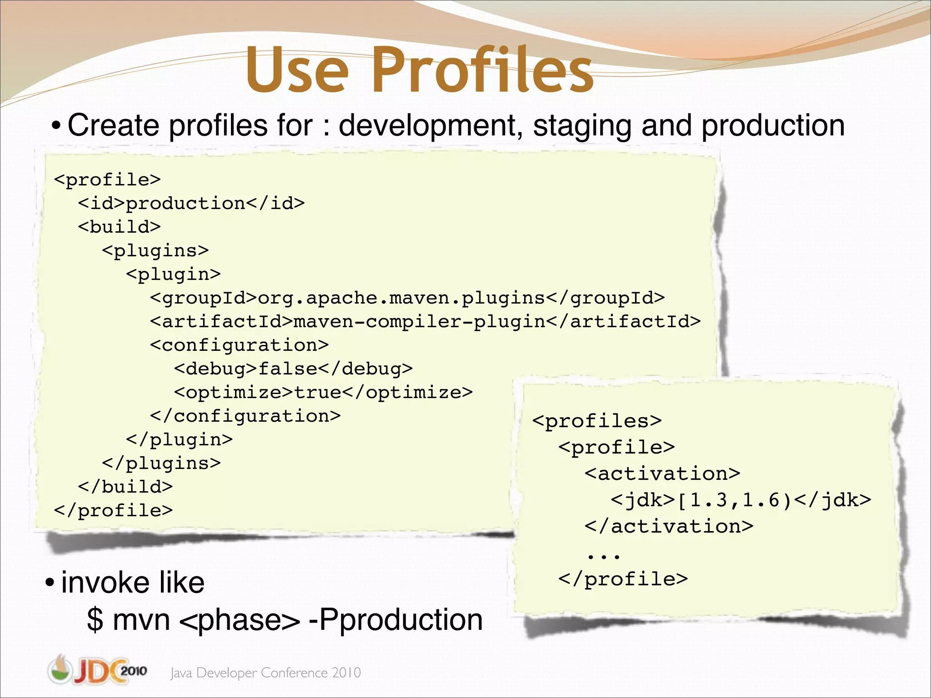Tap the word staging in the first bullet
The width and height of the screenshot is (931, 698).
(x=582, y=126)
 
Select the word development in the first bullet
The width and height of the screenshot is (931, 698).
(x=427, y=126)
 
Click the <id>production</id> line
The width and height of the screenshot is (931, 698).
(x=191, y=203)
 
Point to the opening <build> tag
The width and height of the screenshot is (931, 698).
(x=119, y=227)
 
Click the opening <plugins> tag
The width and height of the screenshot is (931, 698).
(x=155, y=250)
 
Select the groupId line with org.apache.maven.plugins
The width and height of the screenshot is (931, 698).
(x=407, y=298)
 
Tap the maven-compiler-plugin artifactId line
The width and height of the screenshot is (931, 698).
(x=425, y=321)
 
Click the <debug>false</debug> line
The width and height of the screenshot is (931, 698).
(x=293, y=369)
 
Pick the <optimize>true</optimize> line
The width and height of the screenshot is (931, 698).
(x=323, y=392)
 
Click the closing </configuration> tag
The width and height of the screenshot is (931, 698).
(x=245, y=416)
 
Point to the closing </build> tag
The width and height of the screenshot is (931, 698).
(x=125, y=487)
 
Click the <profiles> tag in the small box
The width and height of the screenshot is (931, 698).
(x=597, y=421)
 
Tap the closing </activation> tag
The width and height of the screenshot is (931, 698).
(x=669, y=526)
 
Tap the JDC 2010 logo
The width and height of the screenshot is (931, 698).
(x=97, y=670)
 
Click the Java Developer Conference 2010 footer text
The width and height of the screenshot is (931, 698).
(x=265, y=673)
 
